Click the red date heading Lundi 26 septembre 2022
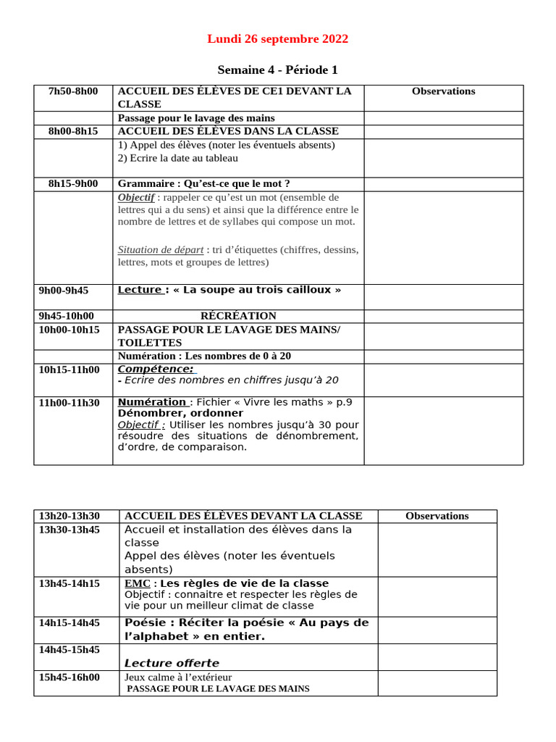[x=277, y=39]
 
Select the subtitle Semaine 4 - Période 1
[x=277, y=70]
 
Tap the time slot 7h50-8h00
[x=73, y=91]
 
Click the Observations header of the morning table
[x=443, y=91]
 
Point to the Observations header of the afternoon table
[x=437, y=516]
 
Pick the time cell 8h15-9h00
[x=73, y=184]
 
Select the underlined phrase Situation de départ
[x=161, y=250]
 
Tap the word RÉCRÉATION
[x=238, y=316]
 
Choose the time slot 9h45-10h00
[x=67, y=316]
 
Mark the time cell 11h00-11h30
[x=69, y=402]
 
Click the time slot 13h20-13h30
[x=69, y=516]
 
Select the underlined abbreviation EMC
[x=137, y=583]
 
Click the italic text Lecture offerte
[x=172, y=663]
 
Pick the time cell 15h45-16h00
[x=69, y=678]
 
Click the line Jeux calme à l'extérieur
[x=178, y=678]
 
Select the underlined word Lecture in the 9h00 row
[x=140, y=290]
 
